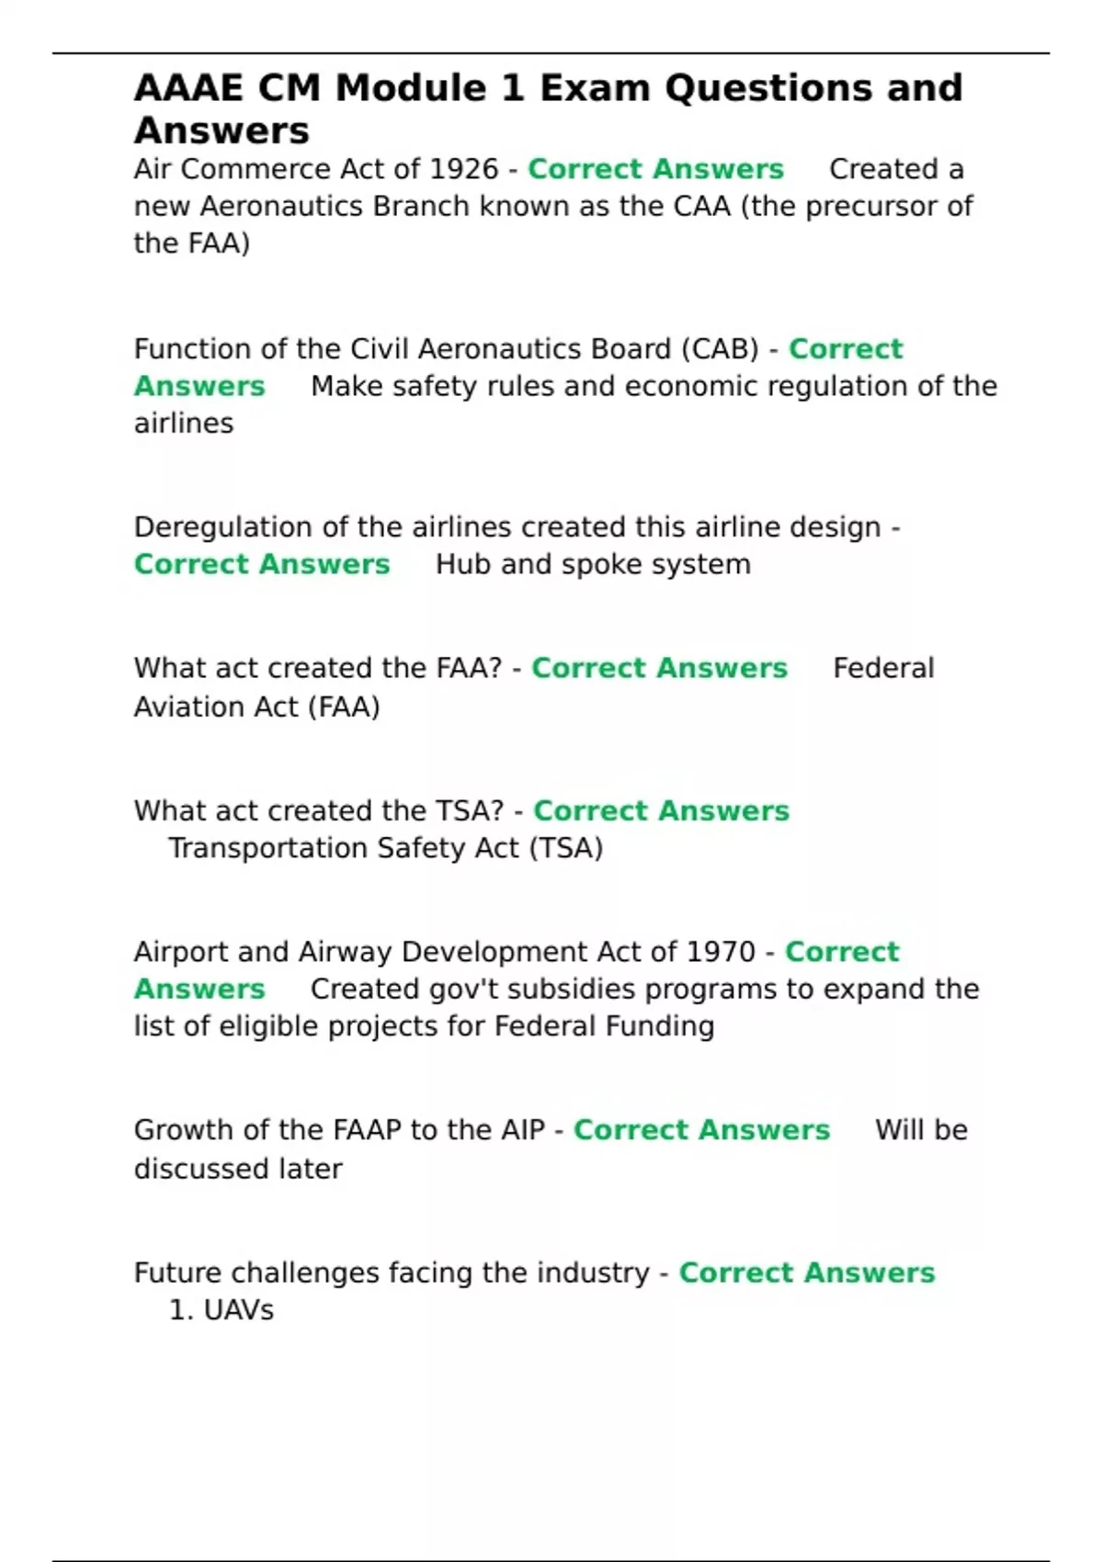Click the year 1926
(x=451, y=169)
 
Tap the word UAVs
(x=238, y=1310)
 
